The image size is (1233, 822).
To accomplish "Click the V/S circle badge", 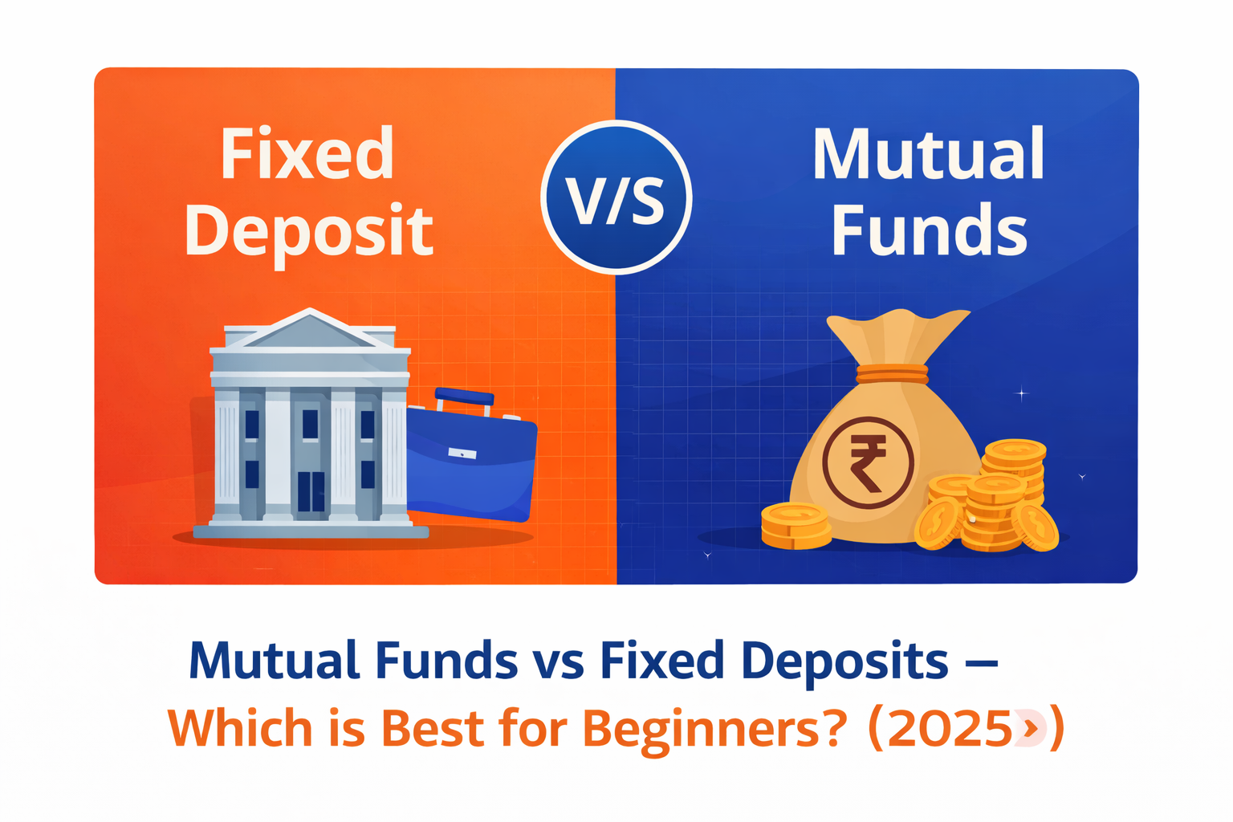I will pyautogui.click(x=616, y=197).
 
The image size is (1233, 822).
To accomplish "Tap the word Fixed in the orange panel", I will pyautogui.click(x=307, y=154).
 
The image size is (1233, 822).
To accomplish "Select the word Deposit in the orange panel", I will pyautogui.click(x=309, y=231).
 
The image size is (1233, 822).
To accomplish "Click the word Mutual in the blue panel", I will pyautogui.click(x=928, y=154).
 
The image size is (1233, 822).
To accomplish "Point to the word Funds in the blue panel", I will pyautogui.click(x=929, y=231).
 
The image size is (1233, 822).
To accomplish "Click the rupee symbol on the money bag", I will pyautogui.click(x=868, y=462).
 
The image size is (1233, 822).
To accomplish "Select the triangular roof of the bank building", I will pyautogui.click(x=310, y=329).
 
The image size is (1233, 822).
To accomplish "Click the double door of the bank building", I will pyautogui.click(x=311, y=491).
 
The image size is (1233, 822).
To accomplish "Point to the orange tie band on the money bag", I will pyautogui.click(x=892, y=374).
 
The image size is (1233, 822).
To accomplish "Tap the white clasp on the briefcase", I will pyautogui.click(x=462, y=454).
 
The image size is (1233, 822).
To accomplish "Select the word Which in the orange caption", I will pyautogui.click(x=240, y=729).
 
